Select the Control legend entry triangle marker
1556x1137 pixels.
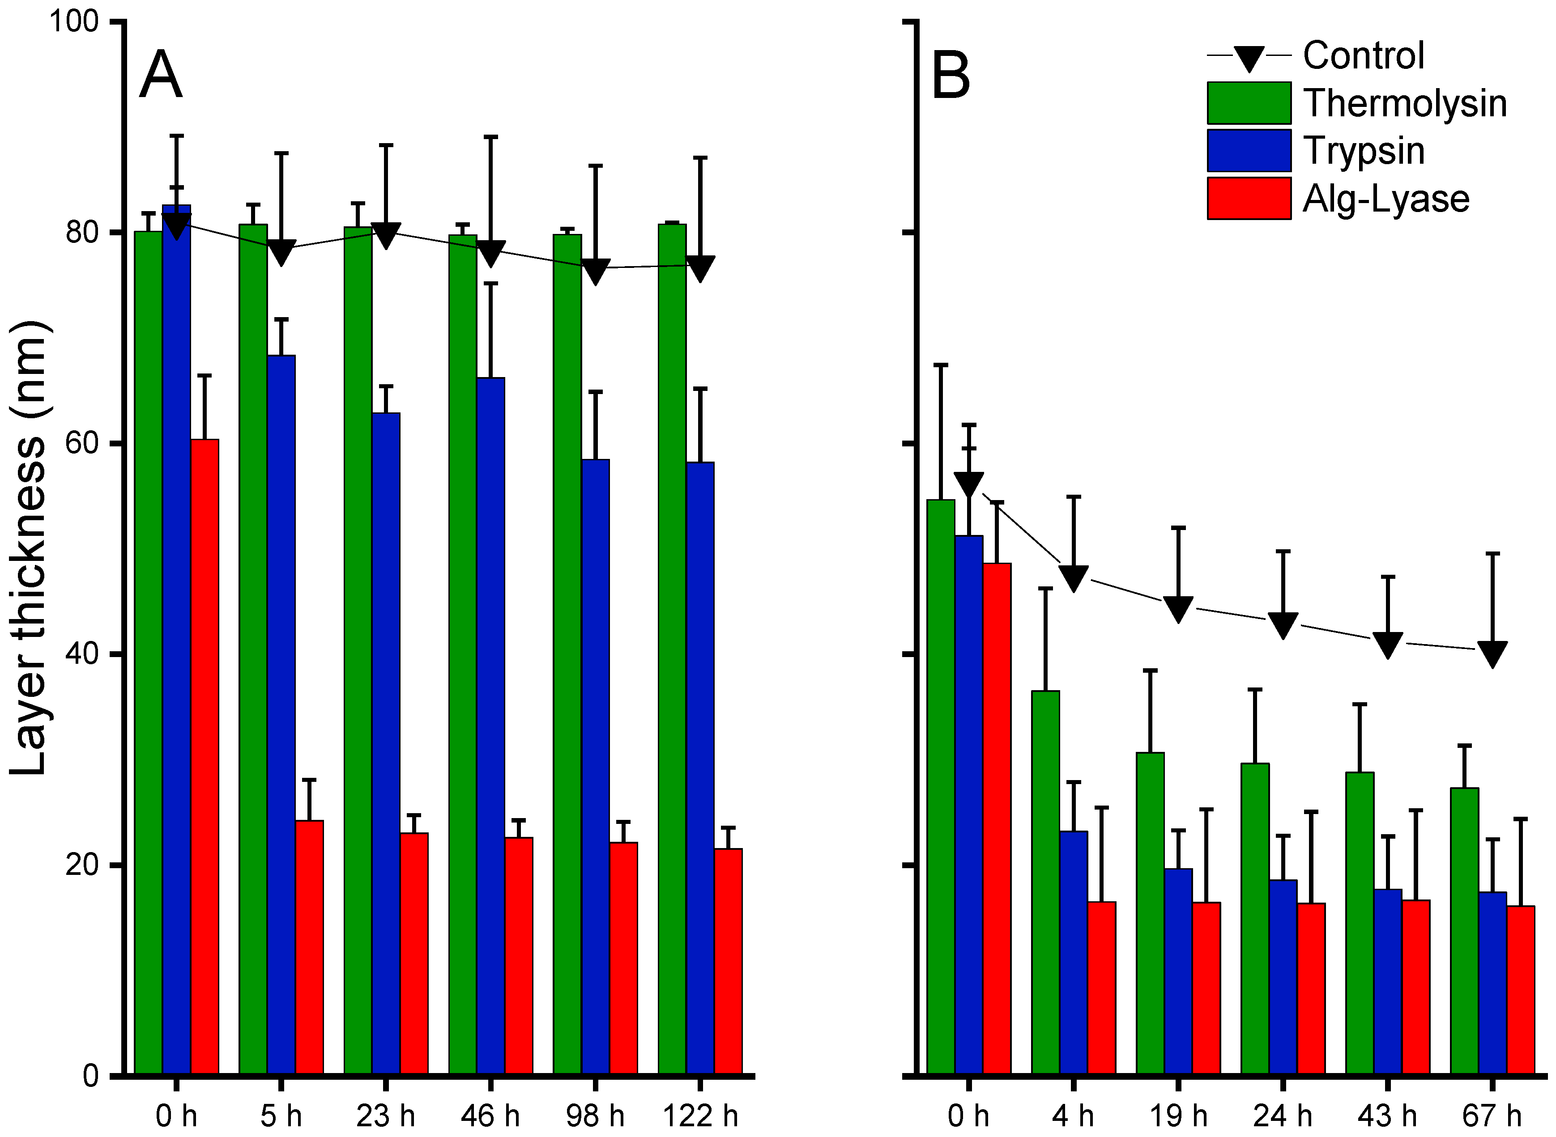1248,58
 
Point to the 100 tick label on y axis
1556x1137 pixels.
74,22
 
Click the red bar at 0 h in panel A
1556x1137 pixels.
205,757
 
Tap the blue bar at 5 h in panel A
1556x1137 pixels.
281,716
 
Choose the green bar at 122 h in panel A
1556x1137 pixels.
672,650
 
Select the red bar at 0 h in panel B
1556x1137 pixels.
997,819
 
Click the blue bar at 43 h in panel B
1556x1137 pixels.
1387,983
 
